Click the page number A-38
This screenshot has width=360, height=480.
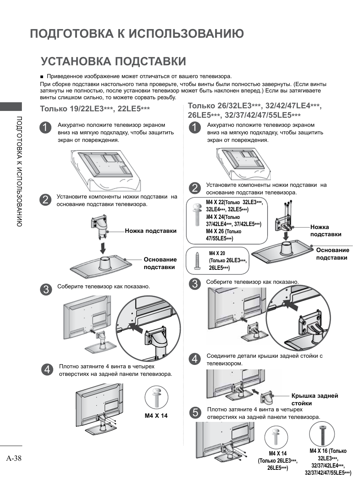(x=14, y=458)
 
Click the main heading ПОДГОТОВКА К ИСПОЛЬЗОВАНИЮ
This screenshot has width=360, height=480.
(x=137, y=34)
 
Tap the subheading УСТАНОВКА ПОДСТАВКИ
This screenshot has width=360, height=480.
(x=113, y=61)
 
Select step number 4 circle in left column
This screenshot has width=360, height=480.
(x=46, y=369)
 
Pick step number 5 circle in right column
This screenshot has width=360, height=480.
(x=195, y=413)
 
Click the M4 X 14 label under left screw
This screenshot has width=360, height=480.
(x=156, y=416)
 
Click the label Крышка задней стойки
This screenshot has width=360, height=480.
(x=314, y=399)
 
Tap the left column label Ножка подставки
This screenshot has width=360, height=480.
(x=151, y=231)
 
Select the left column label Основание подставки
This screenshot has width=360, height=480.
(x=160, y=263)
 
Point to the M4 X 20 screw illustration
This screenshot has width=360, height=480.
(x=197, y=260)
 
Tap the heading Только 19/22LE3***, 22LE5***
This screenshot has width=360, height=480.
(x=95, y=109)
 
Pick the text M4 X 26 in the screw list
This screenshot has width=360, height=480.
(x=215, y=231)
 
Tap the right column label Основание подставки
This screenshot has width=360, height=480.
(x=332, y=254)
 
